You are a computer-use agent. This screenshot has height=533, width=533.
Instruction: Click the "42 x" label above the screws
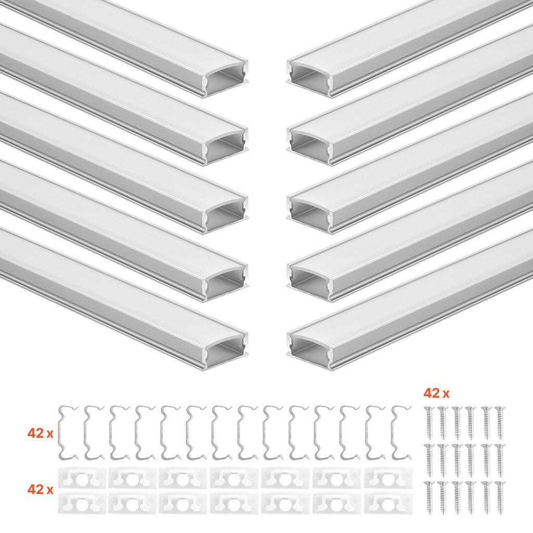[436, 394]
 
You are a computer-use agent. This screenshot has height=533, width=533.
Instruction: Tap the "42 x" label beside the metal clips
[41, 433]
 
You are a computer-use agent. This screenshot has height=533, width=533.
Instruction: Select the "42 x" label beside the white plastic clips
[41, 489]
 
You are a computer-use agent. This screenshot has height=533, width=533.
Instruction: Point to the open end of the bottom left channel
[226, 351]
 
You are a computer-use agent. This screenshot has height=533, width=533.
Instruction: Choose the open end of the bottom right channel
[309, 351]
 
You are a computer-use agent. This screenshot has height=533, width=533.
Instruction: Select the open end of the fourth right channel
[309, 283]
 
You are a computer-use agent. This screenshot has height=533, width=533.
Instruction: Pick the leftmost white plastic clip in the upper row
[82, 478]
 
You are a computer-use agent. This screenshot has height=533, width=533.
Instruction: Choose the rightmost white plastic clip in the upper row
[388, 478]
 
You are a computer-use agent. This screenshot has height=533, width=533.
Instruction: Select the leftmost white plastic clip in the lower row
[82, 503]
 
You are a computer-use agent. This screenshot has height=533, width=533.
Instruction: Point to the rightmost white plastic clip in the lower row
[388, 503]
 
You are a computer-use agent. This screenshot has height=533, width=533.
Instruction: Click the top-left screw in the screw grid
[429, 423]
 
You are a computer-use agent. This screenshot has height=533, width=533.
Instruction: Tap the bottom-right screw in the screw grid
[500, 497]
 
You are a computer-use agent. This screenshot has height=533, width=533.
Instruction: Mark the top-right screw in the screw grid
[500, 423]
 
